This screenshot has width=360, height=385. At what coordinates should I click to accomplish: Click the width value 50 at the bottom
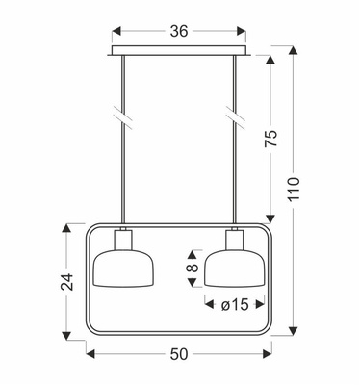pos(179,355)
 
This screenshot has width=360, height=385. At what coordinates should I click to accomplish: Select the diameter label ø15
pos(232,306)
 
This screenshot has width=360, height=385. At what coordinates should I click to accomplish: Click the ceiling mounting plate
pos(179,51)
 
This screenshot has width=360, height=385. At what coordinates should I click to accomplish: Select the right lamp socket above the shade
pos(234,240)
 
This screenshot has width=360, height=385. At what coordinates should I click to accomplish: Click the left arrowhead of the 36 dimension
pos(116,30)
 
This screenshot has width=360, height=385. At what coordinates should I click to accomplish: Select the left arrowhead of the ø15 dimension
pos(209,307)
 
